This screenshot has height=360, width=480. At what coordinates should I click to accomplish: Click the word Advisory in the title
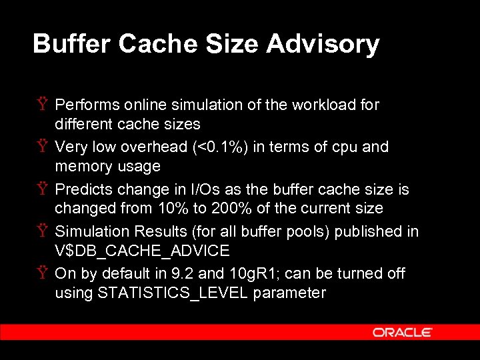tap(323, 44)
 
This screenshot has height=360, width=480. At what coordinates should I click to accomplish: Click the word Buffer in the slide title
tap(71, 44)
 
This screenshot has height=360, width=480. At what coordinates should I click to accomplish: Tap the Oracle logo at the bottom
tap(403, 332)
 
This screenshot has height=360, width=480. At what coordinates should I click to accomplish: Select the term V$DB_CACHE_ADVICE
tap(142, 251)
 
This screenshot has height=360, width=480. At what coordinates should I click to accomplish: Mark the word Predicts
tap(83, 189)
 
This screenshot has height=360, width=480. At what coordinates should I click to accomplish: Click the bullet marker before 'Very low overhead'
tap(41, 147)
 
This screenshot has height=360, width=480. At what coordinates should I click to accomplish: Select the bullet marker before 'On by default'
tap(41, 273)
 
